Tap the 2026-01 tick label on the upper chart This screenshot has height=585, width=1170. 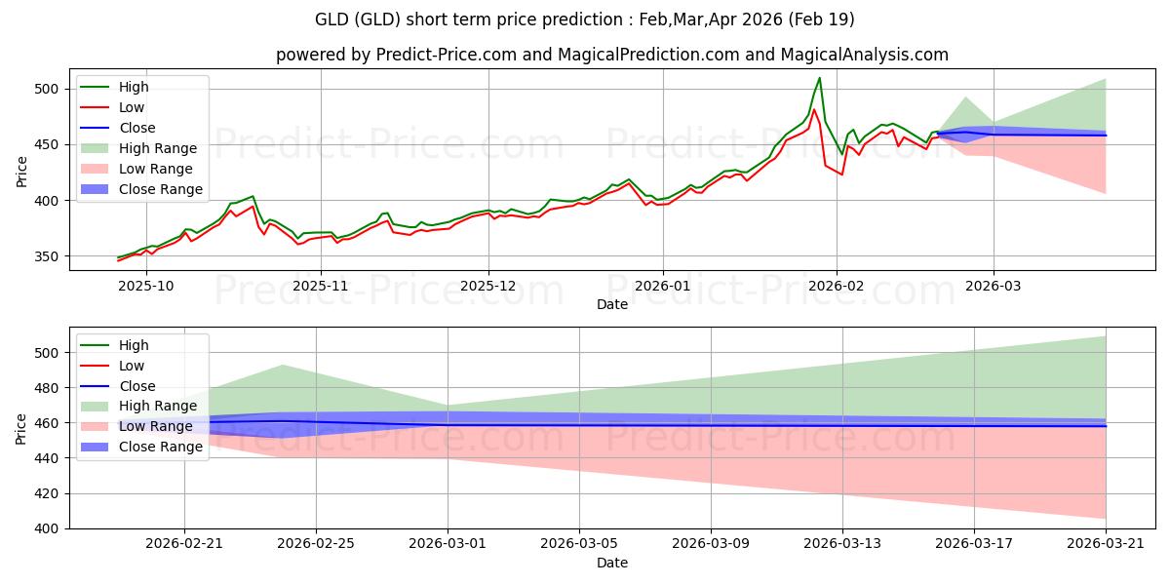click(663, 286)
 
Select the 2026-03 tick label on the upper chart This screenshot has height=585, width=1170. click(994, 286)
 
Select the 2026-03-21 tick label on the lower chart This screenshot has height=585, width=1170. click(1106, 544)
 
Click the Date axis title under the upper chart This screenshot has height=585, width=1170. click(612, 304)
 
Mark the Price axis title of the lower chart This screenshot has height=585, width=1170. click(21, 428)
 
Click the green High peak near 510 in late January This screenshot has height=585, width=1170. click(819, 78)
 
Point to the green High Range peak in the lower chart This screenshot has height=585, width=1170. click(282, 366)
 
